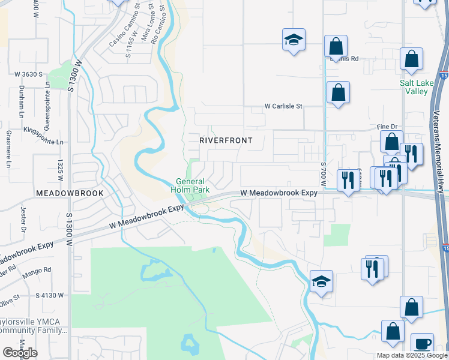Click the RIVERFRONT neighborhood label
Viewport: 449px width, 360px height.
click(226, 140)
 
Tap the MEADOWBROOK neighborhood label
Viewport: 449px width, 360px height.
click(70, 193)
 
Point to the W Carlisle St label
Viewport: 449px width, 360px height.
click(285, 106)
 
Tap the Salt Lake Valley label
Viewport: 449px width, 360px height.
click(415, 88)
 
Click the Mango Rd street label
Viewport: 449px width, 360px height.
click(37, 274)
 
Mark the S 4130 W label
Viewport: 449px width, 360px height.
click(50, 296)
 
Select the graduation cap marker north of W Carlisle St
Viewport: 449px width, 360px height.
click(294, 40)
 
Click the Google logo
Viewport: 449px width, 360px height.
click(20, 353)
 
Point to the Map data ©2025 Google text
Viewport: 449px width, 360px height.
click(411, 355)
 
